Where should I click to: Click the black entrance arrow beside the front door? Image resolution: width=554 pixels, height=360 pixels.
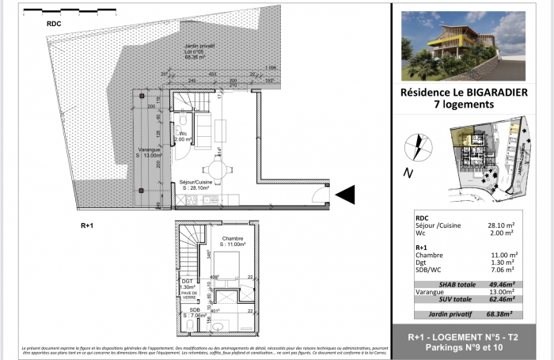coord(347,194)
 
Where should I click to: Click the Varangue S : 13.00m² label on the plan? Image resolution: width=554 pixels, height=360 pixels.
coord(146,153)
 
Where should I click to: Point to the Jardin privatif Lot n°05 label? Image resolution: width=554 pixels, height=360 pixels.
coord(195,52)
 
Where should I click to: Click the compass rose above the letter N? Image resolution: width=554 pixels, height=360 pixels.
coord(415,147)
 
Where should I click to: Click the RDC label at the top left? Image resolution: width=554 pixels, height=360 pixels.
coord(55,25)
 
